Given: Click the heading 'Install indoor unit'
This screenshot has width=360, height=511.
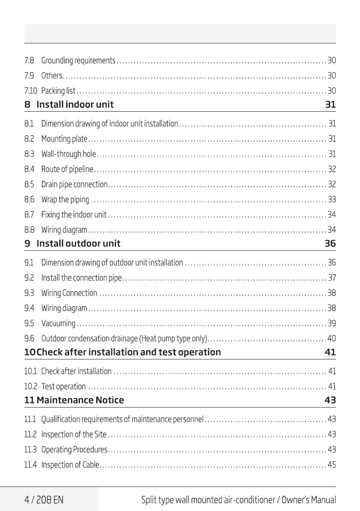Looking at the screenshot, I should pyautogui.click(x=75, y=104).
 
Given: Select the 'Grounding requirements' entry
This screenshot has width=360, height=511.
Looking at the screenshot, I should pyautogui.click(x=78, y=61).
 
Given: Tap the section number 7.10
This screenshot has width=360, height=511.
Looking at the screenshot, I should pyautogui.click(x=31, y=91).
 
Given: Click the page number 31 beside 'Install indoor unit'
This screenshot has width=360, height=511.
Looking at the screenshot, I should pyautogui.click(x=330, y=104).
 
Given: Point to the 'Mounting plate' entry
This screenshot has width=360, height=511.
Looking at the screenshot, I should pyautogui.click(x=64, y=139).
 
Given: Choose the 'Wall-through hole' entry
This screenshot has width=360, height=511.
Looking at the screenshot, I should pyautogui.click(x=69, y=154).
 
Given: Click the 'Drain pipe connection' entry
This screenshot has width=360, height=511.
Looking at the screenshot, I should pyautogui.click(x=74, y=185).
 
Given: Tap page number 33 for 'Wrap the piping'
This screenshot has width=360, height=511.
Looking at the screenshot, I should pyautogui.click(x=332, y=200).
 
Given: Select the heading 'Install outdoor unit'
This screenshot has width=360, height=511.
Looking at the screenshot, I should pyautogui.click(x=78, y=243).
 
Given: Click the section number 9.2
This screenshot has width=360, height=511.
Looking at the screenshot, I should pyautogui.click(x=29, y=278).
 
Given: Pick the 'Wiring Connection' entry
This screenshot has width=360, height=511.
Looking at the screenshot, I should pyautogui.click(x=69, y=293).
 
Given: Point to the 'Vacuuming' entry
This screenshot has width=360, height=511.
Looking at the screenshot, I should pyautogui.click(x=58, y=323).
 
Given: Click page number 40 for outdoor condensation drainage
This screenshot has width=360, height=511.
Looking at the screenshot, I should pyautogui.click(x=332, y=338).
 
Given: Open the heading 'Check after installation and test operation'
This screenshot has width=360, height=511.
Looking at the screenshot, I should pyautogui.click(x=128, y=353).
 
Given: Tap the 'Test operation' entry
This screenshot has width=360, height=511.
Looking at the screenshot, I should pyautogui.click(x=64, y=387).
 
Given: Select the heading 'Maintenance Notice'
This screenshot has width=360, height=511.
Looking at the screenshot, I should pyautogui.click(x=80, y=400).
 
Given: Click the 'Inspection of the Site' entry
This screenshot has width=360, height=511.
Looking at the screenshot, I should pyautogui.click(x=74, y=435).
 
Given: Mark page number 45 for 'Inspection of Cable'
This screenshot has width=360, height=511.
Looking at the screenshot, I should pyautogui.click(x=332, y=465).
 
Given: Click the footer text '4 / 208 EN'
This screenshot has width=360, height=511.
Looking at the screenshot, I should pyautogui.click(x=44, y=500).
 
